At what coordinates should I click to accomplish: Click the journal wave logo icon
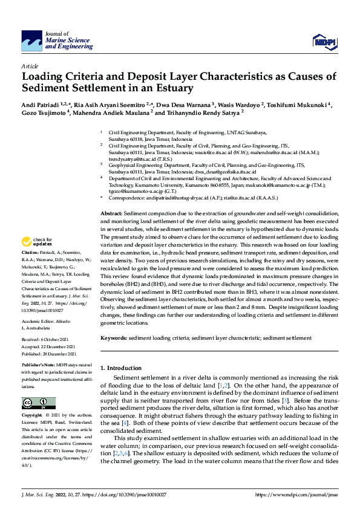31,41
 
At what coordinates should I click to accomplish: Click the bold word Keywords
113,337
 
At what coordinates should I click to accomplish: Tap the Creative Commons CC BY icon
39,403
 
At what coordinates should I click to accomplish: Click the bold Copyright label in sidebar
32,416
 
